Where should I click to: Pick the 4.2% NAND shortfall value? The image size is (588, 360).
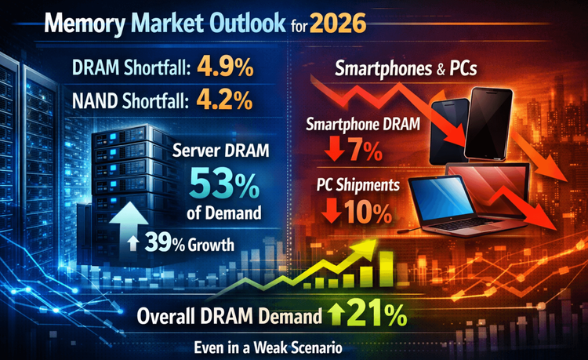click(x=223, y=101)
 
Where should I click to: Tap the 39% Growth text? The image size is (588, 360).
click(x=189, y=244)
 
